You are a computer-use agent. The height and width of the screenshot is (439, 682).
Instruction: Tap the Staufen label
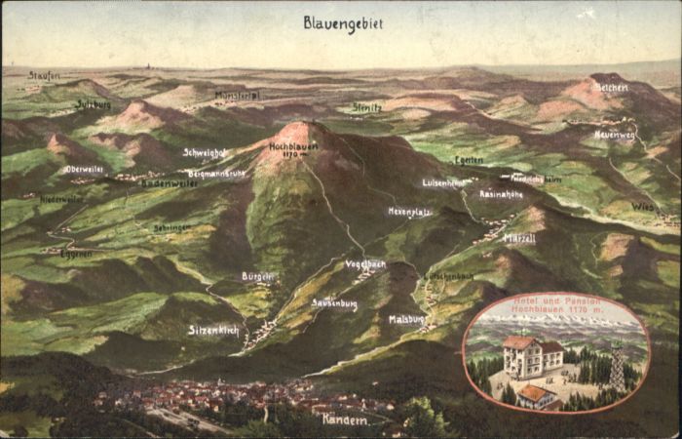44,75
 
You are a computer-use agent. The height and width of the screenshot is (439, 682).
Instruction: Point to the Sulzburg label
94,103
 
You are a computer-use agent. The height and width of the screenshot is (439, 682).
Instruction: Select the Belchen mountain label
611,88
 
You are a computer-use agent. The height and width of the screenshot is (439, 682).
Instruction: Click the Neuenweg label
615,135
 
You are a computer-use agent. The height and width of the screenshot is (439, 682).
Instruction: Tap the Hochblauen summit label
293,147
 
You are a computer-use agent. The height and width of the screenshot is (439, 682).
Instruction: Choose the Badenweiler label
169,182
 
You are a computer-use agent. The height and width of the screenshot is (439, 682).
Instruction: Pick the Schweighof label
204,152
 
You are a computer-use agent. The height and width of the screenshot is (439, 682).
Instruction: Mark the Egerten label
469,159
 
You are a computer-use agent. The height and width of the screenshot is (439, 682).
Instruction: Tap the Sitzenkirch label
214,330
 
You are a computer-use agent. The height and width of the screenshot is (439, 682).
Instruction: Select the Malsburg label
407,318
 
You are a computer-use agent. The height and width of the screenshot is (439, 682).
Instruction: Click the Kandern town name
345,419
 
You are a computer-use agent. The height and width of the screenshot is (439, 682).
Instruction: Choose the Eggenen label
76,253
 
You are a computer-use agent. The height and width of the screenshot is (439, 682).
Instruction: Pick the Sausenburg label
334,303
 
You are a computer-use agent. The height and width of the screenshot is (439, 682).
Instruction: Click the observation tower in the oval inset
616,367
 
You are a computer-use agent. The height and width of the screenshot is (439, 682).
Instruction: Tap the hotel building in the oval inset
532,357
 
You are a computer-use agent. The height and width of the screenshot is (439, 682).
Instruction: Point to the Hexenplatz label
409,212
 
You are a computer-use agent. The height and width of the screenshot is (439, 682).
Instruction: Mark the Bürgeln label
257,276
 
